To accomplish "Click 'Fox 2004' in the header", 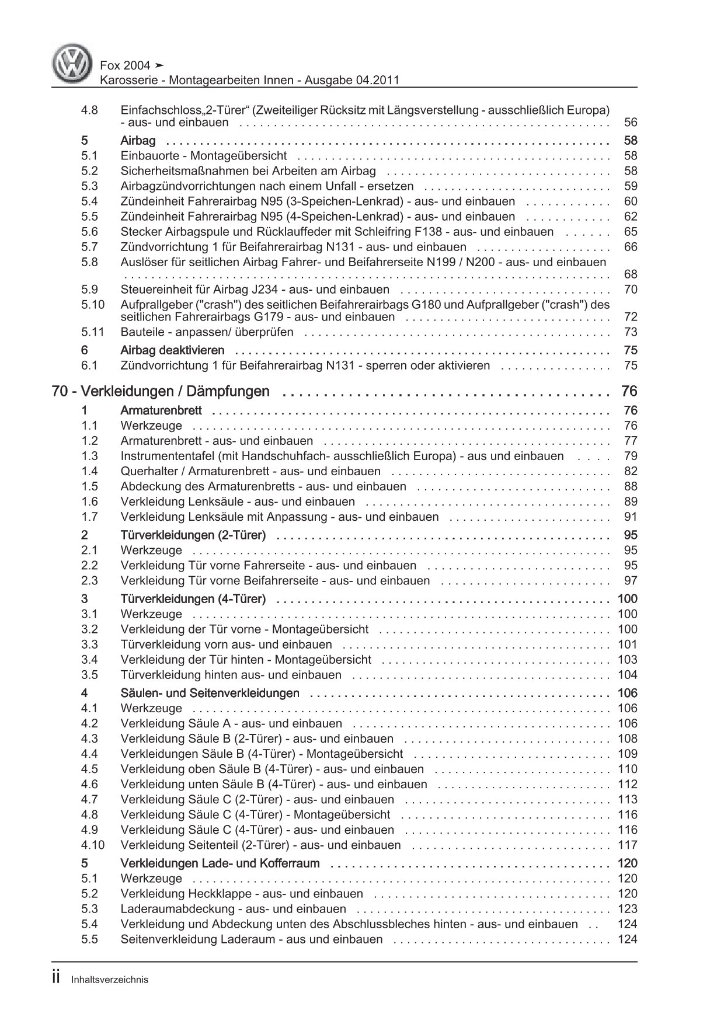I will click(125, 65).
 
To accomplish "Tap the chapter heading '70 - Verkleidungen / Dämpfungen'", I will click(161, 391).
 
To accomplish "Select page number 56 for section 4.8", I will click(631, 123).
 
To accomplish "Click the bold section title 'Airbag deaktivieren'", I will click(172, 350).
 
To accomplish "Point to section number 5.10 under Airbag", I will click(93, 305).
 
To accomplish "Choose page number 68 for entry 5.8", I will click(631, 274).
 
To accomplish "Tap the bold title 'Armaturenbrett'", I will click(161, 410).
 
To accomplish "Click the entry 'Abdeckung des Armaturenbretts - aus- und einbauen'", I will click(263, 486).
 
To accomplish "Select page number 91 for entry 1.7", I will click(631, 517).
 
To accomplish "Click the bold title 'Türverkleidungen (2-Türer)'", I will click(193, 535).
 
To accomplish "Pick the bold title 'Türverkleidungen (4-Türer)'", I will click(193, 598).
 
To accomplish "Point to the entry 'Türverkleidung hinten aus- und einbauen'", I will click(231, 675).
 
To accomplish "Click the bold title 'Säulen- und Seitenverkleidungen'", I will click(210, 693).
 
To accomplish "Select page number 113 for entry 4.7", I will click(628, 799).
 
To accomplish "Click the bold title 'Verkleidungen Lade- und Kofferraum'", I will click(220, 863).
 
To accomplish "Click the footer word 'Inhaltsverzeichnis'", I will click(110, 980).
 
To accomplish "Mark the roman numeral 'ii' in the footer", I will click(57, 978).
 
